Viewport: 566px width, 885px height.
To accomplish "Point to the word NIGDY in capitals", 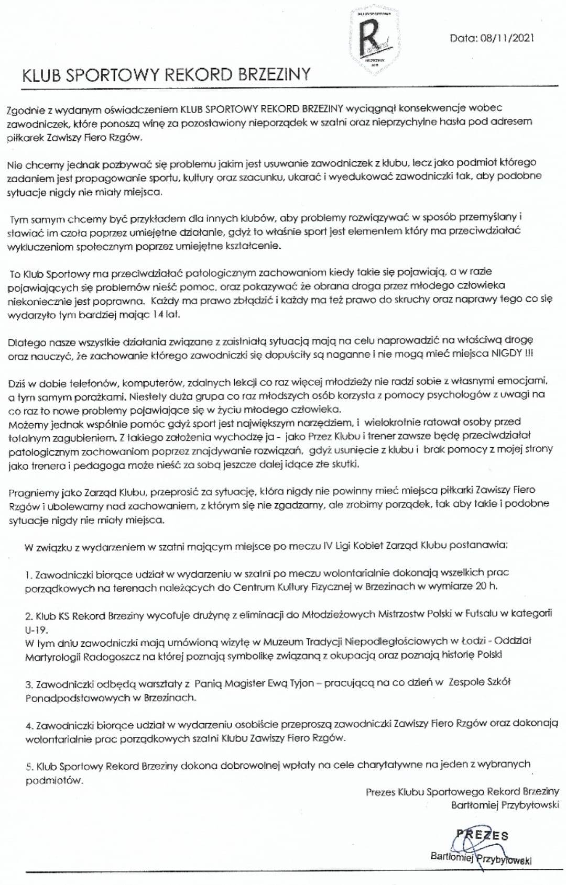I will (x=506, y=353).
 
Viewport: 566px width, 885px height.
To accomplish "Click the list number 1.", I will (x=28, y=574).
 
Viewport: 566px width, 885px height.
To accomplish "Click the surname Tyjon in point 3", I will (x=301, y=683).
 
